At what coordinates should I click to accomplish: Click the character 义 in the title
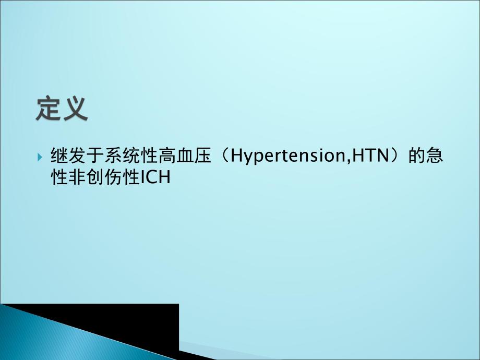pos(75,108)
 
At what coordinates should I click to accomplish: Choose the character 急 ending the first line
pos(435,156)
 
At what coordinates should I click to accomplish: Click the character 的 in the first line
pos(416,156)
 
